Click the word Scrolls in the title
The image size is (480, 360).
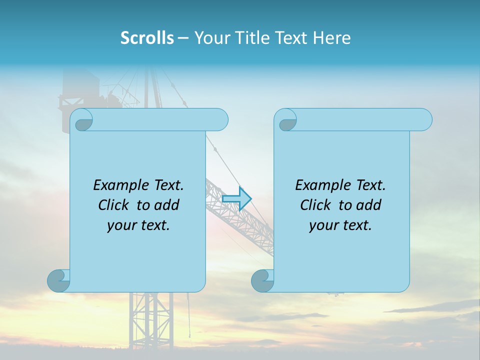tap(147, 38)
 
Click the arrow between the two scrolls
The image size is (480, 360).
tap(236, 198)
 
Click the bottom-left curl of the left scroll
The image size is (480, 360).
tap(59, 280)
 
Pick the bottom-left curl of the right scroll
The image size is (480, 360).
tap(263, 280)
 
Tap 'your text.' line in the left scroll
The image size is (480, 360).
tap(138, 225)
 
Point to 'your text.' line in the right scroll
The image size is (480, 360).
tap(340, 225)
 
